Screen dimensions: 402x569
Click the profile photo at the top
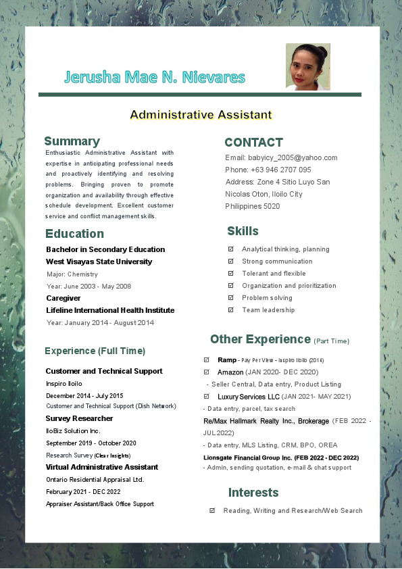[x=308, y=67]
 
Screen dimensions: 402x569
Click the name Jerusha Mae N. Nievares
[x=155, y=77]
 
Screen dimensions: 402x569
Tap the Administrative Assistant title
[x=201, y=115]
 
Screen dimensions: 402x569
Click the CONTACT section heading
[x=253, y=143]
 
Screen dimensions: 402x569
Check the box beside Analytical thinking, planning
[x=231, y=249]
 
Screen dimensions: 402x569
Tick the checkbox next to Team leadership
[x=231, y=310]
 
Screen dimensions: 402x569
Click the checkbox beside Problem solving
[x=231, y=298]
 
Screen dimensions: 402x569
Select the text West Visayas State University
[x=99, y=262]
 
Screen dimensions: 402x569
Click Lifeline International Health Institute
[x=110, y=310]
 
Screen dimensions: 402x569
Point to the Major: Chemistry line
[x=72, y=274]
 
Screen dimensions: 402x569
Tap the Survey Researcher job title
[x=79, y=418]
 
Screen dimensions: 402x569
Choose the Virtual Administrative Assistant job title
[x=102, y=467]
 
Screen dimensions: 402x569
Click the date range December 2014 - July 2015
[x=84, y=395]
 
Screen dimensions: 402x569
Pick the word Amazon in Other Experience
[x=230, y=372]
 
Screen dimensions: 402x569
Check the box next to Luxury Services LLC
[x=207, y=397]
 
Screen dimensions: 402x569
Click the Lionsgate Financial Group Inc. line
[x=280, y=457]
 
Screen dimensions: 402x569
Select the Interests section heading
[x=253, y=492]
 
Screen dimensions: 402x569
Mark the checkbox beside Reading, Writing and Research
[x=212, y=511]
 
